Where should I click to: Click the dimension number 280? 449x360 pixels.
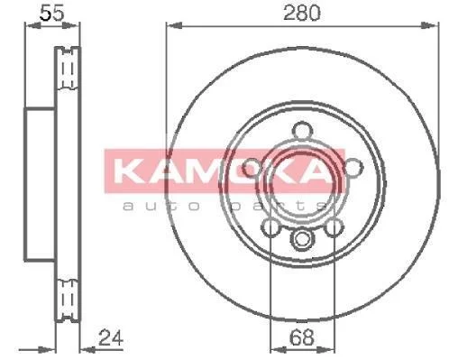[x=302, y=13]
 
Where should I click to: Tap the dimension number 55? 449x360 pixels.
[x=52, y=13]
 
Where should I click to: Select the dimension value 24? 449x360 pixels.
[x=111, y=337]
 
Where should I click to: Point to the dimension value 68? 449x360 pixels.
[x=302, y=337]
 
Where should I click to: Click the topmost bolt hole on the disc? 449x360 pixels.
[x=301, y=131]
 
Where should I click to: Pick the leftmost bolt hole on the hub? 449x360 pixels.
[x=251, y=168]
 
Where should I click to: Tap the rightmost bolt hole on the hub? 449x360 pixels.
[x=354, y=168]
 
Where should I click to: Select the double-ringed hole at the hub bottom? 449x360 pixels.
[x=301, y=239]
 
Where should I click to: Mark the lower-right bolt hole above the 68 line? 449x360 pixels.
[x=334, y=227]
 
